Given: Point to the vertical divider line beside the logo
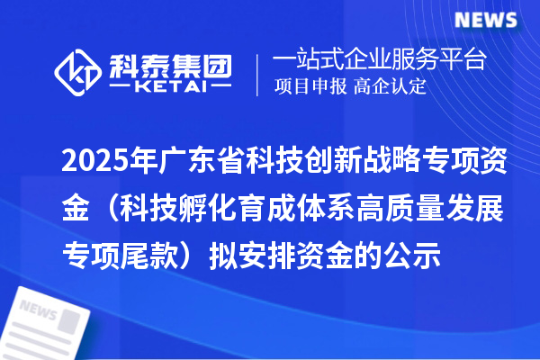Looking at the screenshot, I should pyautogui.click(x=258, y=75).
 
